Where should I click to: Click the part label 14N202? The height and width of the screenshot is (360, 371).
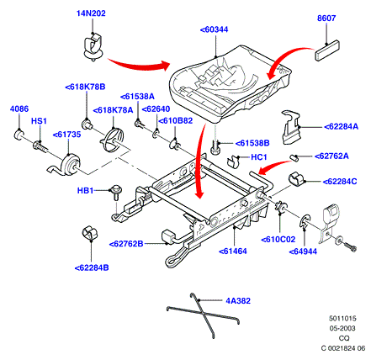[x=91, y=13]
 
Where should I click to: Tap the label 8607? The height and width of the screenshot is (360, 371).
[x=326, y=18]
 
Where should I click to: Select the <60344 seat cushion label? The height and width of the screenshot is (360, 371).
[x=214, y=29]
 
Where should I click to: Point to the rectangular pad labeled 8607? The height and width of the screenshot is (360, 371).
[x=327, y=50]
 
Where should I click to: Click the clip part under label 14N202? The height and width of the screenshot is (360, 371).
[x=93, y=46]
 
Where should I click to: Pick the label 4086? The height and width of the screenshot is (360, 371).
[x=19, y=109]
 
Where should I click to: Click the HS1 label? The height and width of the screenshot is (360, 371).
[x=39, y=121]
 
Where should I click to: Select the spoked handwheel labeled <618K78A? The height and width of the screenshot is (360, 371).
[x=112, y=138]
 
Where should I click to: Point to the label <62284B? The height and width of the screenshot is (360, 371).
[x=92, y=267]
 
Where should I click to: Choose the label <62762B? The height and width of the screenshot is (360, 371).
[x=126, y=244]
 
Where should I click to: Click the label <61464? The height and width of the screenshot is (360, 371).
[x=233, y=251]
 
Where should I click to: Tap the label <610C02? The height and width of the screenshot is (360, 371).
[x=278, y=240]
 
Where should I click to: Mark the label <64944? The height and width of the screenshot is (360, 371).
[x=303, y=251]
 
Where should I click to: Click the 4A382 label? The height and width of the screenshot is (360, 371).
[x=238, y=301]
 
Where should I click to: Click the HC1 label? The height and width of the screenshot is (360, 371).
[x=259, y=157]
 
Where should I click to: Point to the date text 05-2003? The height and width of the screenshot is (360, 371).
[x=342, y=328]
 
